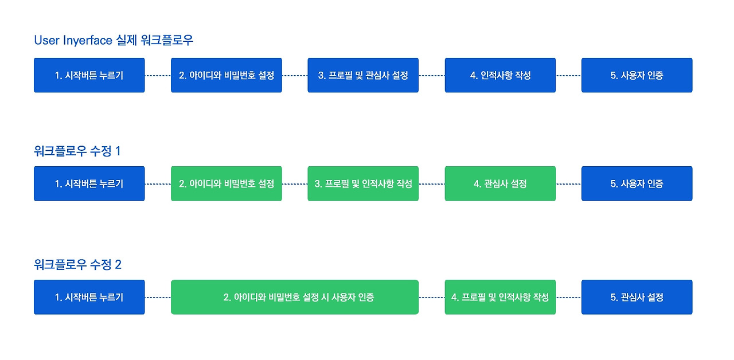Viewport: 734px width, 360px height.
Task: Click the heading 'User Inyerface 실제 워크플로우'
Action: pyautogui.click(x=114, y=40)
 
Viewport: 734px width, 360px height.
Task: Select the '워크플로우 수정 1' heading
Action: pyautogui.click(x=77, y=151)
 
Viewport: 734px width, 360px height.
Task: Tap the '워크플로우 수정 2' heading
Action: pyautogui.click(x=77, y=265)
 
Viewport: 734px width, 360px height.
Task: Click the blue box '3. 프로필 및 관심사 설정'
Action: pyautogui.click(x=363, y=75)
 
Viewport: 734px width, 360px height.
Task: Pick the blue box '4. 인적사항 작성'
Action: pyautogui.click(x=500, y=75)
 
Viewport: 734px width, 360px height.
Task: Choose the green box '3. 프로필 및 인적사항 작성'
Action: pyautogui.click(x=363, y=184)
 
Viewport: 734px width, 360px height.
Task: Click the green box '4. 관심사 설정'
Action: pyautogui.click(x=500, y=184)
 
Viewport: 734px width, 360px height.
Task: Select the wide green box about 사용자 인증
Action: pyautogui.click(x=295, y=298)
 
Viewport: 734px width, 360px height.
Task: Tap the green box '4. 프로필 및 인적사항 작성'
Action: pyautogui.click(x=500, y=298)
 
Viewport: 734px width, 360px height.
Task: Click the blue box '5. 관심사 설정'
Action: pyautogui.click(x=637, y=298)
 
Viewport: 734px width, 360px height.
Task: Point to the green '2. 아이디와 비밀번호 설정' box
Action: pyautogui.click(x=227, y=184)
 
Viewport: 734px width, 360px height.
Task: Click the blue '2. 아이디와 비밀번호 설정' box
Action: pyautogui.click(x=227, y=75)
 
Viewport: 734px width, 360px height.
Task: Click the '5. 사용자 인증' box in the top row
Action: pyautogui.click(x=637, y=75)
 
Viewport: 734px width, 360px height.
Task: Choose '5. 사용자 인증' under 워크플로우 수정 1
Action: pyautogui.click(x=637, y=184)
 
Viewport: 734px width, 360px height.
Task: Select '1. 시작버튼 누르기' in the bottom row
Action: pyautogui.click(x=89, y=298)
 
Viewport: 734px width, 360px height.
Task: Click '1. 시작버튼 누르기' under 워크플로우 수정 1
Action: pyautogui.click(x=89, y=184)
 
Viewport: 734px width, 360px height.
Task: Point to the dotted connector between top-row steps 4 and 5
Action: pyautogui.click(x=568, y=75)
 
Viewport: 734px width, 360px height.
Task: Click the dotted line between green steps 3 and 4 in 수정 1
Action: pyautogui.click(x=432, y=184)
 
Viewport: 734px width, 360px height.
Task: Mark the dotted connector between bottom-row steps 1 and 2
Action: pyautogui.click(x=158, y=298)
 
